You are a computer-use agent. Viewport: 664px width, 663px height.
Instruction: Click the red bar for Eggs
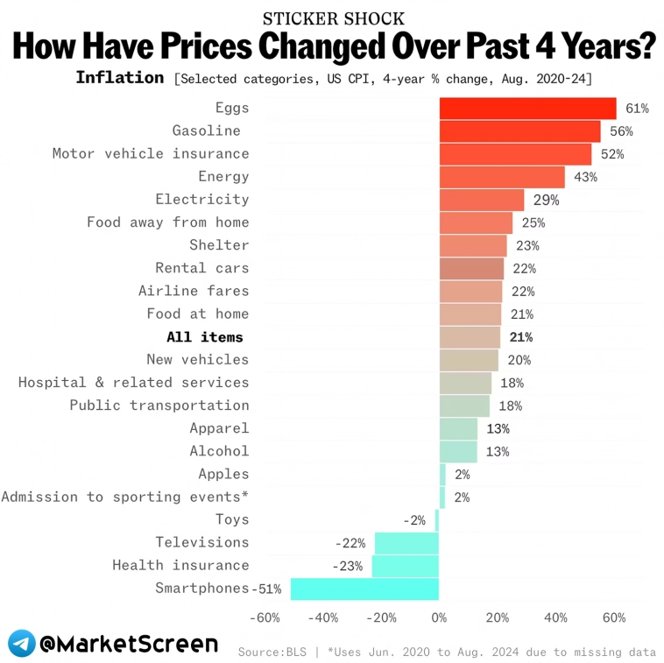[527, 109]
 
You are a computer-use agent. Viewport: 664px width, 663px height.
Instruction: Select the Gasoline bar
[519, 131]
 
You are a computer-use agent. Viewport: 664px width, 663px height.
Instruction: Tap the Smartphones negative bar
[364, 589]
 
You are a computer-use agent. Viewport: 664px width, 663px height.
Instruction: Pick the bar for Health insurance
[405, 566]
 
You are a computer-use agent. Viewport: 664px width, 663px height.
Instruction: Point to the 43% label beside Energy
[585, 177]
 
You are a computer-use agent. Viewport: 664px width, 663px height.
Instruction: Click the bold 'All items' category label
[205, 337]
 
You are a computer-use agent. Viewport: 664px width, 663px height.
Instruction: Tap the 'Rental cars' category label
[201, 268]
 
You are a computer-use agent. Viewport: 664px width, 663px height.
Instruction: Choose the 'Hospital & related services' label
[133, 383]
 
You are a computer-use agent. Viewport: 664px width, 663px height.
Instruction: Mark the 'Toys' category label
[232, 519]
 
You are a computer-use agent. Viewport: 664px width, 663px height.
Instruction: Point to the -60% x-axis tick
[265, 617]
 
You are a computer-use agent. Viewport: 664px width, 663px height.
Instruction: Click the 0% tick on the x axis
[439, 617]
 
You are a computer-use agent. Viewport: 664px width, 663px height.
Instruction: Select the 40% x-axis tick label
[555, 617]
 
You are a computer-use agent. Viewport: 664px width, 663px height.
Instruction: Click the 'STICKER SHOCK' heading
[334, 18]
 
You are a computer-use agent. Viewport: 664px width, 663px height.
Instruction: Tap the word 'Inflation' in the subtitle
[119, 77]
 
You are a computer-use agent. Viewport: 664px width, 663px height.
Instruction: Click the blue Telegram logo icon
[22, 644]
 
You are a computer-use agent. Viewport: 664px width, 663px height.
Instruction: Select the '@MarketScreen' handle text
[128, 644]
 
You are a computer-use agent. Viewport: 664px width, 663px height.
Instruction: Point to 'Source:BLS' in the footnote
[270, 652]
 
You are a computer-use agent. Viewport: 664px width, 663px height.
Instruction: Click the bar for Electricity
[481, 200]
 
